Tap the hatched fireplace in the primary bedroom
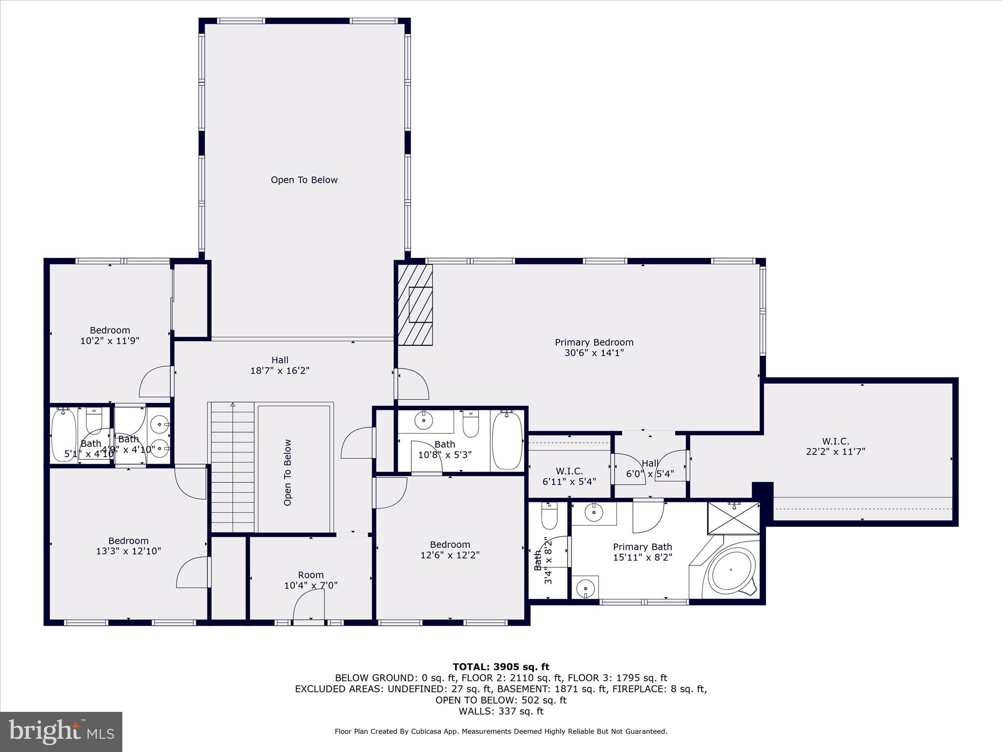coord(415,305)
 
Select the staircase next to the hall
coord(233,468)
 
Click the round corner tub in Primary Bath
coord(731,571)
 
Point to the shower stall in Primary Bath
coord(733,518)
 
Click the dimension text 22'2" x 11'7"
coord(836,452)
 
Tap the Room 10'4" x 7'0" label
coord(311,580)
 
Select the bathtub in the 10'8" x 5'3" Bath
coord(507,440)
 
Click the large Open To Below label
coord(304,180)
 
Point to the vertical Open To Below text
coord(288,472)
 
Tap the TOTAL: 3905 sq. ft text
coord(501,667)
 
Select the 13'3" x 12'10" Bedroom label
coord(128,546)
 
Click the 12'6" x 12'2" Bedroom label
coord(450,550)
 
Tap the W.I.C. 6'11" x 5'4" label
coord(569,476)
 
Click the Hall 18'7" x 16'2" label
coord(280,365)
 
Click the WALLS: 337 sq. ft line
coord(501,711)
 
